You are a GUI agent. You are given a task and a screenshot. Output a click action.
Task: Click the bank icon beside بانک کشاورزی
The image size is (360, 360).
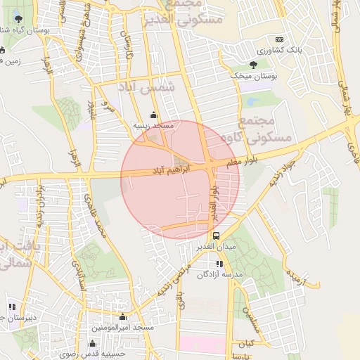tap(279, 39)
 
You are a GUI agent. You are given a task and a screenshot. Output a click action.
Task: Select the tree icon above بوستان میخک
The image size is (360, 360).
tap(253, 65)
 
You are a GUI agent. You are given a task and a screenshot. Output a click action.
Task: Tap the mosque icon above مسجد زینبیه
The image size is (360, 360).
tap(154, 115)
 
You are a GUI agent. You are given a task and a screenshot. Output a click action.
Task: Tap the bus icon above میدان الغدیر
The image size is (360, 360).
tap(215, 236)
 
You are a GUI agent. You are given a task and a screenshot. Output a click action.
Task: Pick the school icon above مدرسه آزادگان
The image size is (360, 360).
tap(219, 264)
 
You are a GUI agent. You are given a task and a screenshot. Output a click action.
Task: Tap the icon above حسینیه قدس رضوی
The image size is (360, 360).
tap(93, 343)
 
